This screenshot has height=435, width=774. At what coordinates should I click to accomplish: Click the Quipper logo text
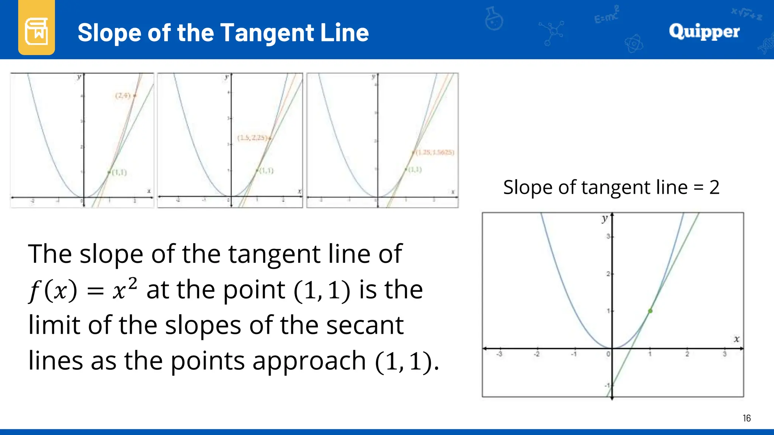click(704, 31)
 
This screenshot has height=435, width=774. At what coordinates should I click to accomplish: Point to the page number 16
click(746, 418)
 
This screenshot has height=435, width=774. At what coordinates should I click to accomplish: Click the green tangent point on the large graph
click(650, 311)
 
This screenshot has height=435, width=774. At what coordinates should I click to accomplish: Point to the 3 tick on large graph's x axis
click(724, 354)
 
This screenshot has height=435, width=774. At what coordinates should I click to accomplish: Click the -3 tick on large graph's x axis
click(499, 354)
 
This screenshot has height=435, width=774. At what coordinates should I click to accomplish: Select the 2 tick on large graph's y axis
click(608, 274)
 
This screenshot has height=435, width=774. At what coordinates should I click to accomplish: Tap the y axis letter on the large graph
click(604, 219)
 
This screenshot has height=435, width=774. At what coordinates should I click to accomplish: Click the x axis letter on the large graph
click(736, 339)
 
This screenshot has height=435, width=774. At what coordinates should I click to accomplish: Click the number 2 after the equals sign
click(714, 187)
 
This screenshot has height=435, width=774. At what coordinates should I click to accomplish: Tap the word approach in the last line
click(309, 361)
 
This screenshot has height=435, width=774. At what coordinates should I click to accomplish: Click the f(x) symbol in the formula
click(53, 291)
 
